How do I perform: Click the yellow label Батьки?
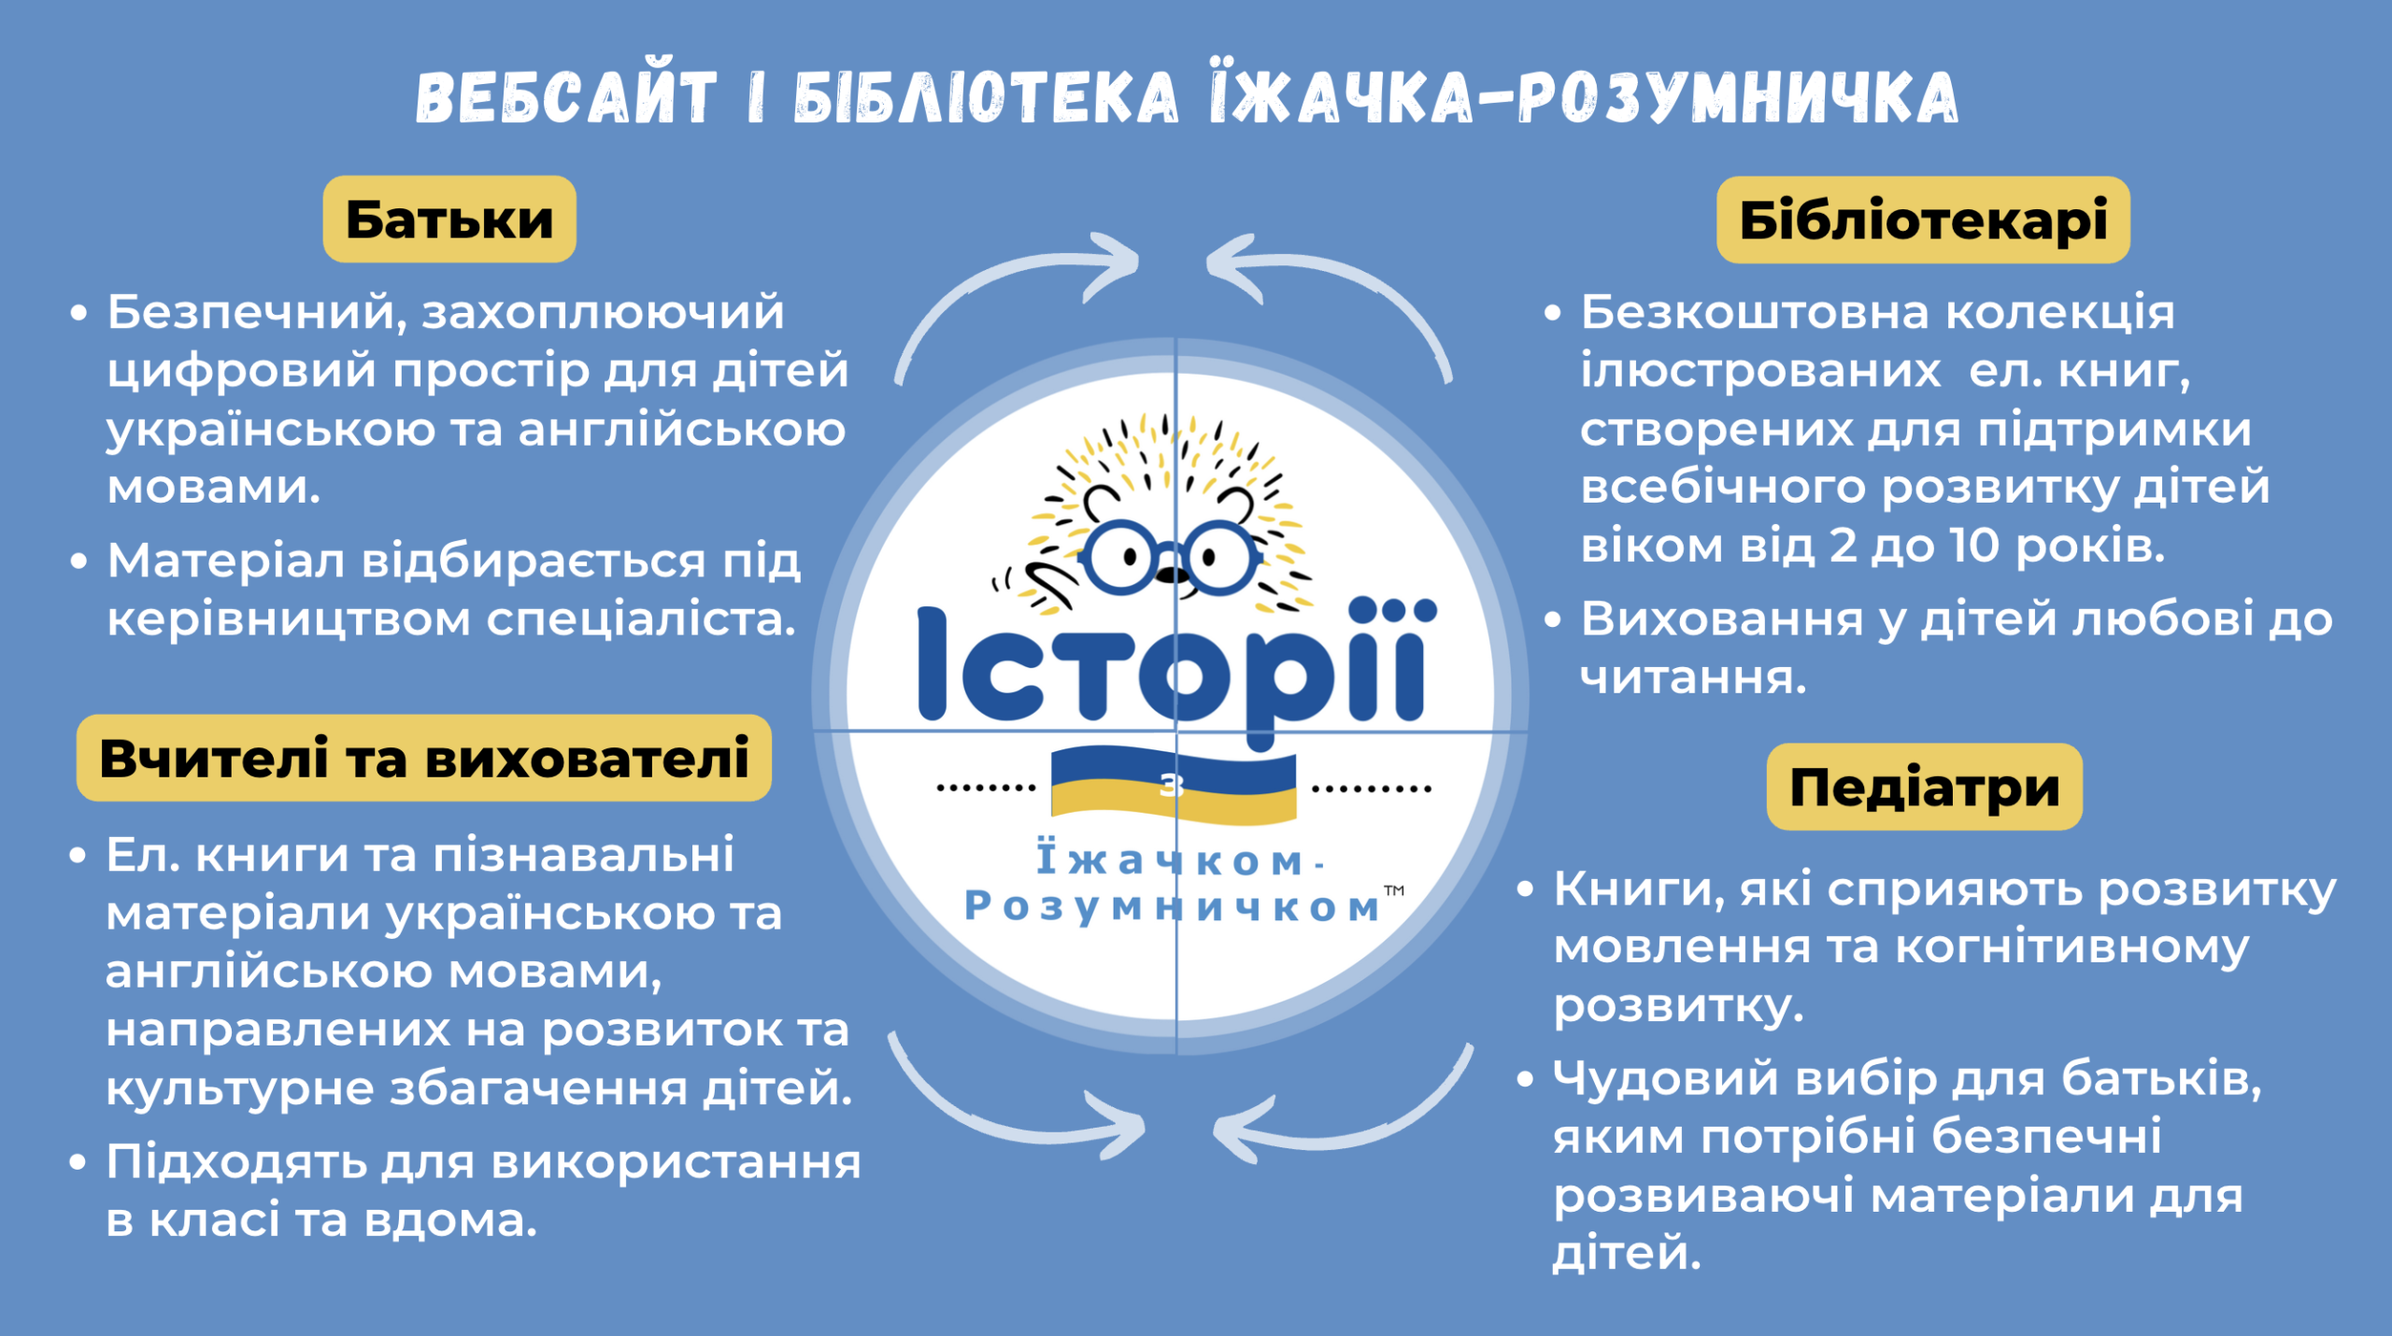pos(449,220)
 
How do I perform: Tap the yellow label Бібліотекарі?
pos(1923,220)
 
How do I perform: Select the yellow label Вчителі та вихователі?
pos(424,758)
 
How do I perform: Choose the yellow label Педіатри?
pos(1925,787)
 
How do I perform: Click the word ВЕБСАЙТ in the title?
pos(566,96)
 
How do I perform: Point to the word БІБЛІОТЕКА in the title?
pos(986,96)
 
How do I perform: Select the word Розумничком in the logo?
pos(1173,906)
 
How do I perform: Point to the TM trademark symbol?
pos(1394,890)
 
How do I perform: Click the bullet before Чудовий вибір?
pos(1526,1080)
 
